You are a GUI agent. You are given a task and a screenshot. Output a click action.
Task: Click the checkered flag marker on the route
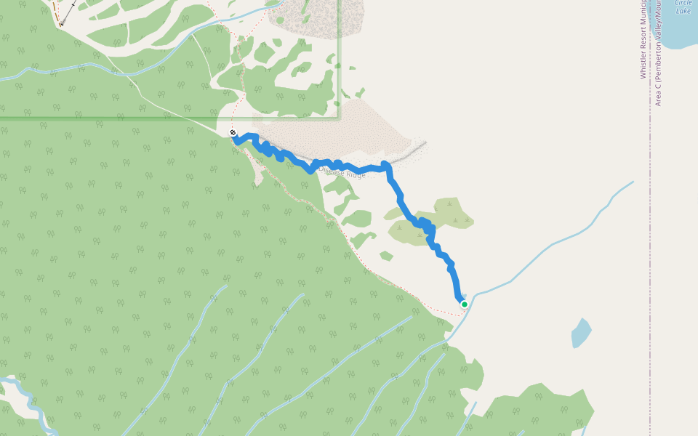[x=233, y=132]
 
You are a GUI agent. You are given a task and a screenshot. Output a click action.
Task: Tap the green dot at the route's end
[x=464, y=304]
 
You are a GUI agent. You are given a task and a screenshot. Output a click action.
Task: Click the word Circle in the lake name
[x=683, y=3]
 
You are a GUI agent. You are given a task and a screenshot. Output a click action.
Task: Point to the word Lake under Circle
[x=683, y=11]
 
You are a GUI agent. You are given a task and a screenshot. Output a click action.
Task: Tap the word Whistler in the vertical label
[x=643, y=63]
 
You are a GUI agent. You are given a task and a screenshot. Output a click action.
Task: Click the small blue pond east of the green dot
[x=581, y=333]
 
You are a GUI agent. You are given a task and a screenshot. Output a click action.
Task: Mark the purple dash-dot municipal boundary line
[x=651, y=218]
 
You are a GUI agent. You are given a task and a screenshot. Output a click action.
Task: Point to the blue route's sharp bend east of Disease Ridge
[x=386, y=166]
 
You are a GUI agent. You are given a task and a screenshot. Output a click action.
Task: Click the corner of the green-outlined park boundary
[x=339, y=117]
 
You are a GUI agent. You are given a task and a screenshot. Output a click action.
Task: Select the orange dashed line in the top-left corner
[x=55, y=9]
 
